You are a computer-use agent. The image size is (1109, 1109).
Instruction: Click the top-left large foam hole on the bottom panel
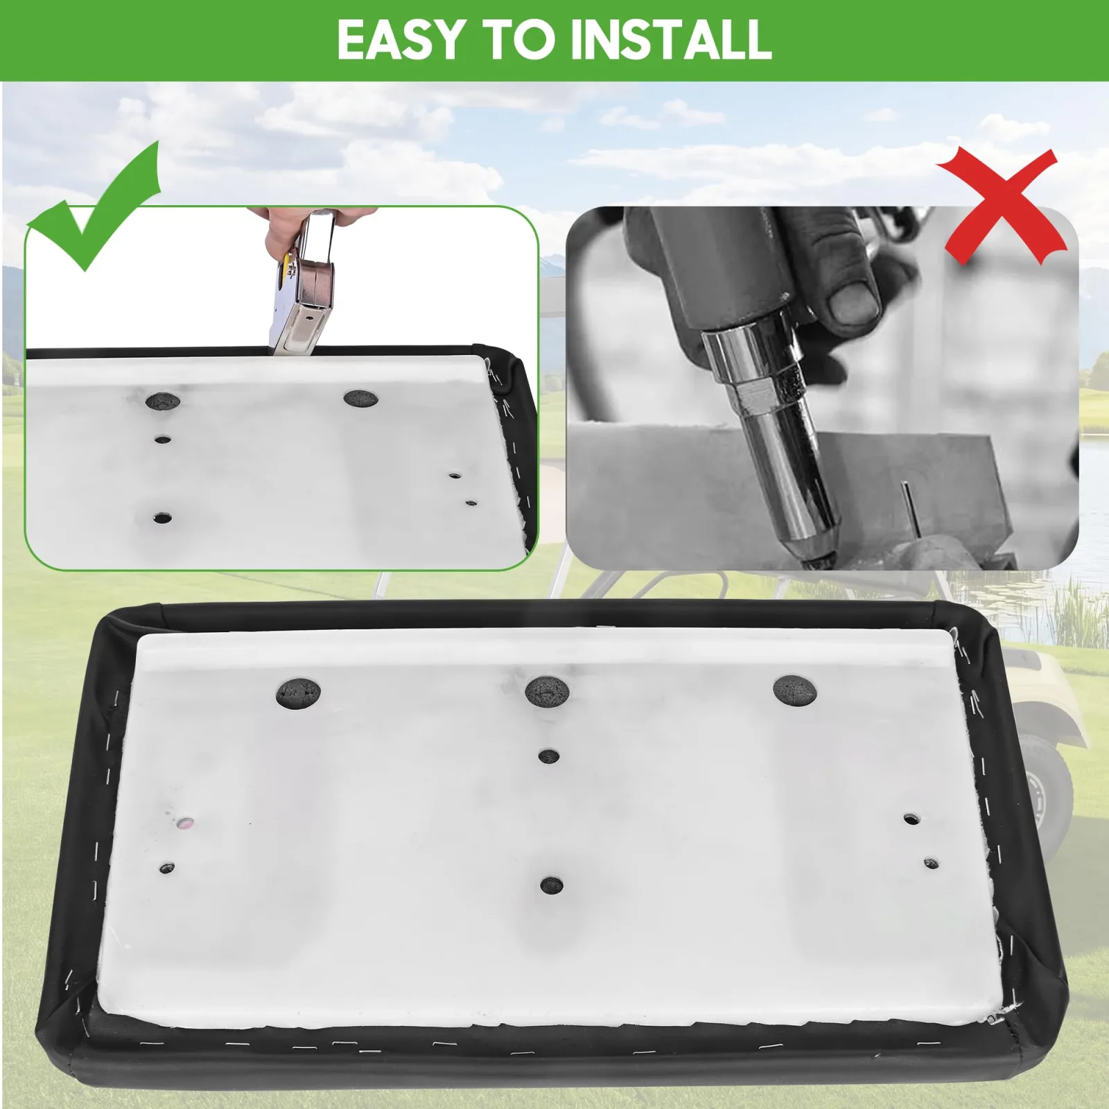tap(299, 693)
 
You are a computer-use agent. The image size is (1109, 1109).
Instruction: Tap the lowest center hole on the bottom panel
tap(551, 885)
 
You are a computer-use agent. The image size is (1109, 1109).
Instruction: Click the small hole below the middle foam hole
tap(549, 756)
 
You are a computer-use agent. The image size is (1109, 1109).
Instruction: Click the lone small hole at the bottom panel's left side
tap(167, 867)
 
